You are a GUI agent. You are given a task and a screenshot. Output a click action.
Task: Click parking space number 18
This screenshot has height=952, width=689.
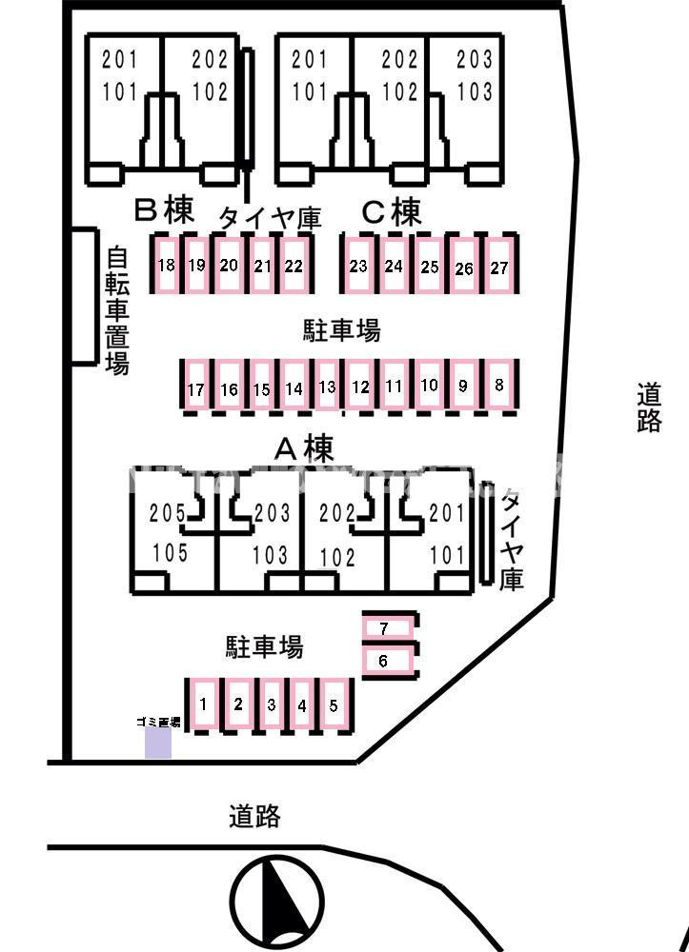[167, 265]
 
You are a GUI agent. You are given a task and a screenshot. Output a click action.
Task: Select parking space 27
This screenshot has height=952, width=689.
[499, 267]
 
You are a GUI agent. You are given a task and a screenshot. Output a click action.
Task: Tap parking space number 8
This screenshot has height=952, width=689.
[499, 386]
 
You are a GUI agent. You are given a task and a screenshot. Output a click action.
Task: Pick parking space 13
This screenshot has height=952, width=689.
[328, 387]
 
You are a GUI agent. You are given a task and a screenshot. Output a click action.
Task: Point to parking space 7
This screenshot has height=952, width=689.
[384, 628]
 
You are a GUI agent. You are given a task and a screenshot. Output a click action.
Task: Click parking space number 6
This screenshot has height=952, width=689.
[384, 660]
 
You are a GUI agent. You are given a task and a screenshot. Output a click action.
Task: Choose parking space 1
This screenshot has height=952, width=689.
[204, 704]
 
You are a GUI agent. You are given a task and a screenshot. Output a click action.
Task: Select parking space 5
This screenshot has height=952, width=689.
[334, 705]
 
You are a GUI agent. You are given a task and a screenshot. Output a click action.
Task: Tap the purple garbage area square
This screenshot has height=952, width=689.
[157, 744]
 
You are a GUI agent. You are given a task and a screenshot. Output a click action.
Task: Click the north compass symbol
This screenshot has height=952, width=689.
[276, 899]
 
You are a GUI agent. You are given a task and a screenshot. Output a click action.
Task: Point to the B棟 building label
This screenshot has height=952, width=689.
[163, 210]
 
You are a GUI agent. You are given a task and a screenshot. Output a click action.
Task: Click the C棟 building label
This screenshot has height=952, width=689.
[391, 212]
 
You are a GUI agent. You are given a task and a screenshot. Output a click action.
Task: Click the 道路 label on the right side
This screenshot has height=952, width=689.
[649, 407]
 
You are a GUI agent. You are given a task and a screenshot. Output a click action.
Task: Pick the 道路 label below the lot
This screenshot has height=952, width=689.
[254, 816]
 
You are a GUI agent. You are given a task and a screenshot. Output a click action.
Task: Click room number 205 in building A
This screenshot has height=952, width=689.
[169, 513]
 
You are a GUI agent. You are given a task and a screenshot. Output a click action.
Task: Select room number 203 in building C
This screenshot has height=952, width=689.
[475, 60]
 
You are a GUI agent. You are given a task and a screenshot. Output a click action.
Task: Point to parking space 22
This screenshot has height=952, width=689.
[293, 266]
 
